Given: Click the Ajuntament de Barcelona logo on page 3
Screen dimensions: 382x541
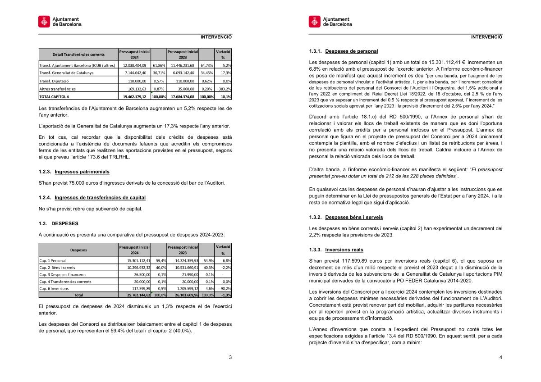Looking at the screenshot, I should tap(60, 21).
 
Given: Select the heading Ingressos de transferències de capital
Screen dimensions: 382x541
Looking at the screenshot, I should tap(100, 197).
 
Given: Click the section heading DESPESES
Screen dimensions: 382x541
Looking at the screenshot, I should tap(65, 223).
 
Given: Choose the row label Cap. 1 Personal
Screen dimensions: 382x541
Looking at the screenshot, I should tap(52, 260).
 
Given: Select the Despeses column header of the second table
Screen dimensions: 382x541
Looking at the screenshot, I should tap(78, 250).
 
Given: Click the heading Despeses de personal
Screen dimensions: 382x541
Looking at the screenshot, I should tap(351, 51).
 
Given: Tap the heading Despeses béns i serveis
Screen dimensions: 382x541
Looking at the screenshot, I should tap(354, 217).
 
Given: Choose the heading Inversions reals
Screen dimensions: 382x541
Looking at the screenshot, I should tap(344, 250).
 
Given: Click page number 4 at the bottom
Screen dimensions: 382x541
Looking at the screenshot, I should tap(500, 358).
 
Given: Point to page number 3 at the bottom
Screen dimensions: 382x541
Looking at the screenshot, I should tap(230, 358).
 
